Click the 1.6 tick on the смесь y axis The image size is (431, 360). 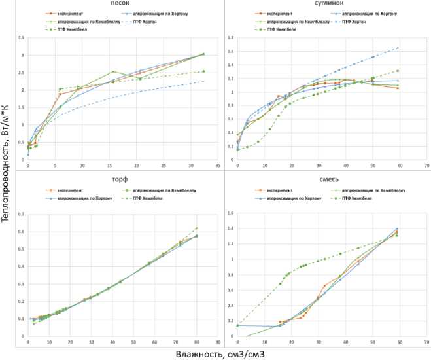point(230,213)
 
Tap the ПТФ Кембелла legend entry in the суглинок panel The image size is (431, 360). point(285,31)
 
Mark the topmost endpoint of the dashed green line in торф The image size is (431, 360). point(197,228)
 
